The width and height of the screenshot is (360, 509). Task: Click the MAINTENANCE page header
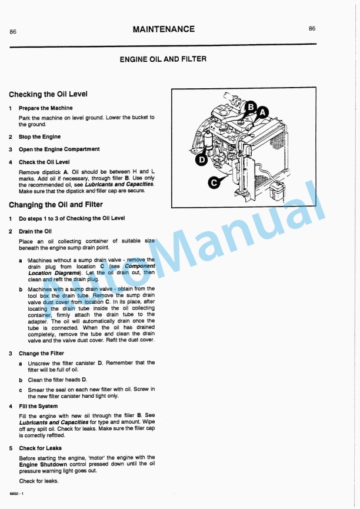(x=164, y=29)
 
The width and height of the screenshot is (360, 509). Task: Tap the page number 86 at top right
(x=312, y=28)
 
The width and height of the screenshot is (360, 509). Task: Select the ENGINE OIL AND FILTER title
(x=163, y=59)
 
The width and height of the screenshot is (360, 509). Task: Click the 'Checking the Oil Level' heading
(x=48, y=94)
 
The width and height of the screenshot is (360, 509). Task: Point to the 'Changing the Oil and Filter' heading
(x=56, y=205)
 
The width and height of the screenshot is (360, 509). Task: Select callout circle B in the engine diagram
(x=251, y=107)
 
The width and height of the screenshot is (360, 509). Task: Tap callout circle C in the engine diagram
(x=215, y=183)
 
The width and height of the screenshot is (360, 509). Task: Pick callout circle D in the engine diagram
(x=201, y=159)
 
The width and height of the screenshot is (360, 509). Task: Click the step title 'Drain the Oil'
(x=35, y=231)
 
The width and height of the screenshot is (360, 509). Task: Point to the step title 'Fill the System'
(x=38, y=406)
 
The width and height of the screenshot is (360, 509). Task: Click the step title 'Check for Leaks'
(x=40, y=448)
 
